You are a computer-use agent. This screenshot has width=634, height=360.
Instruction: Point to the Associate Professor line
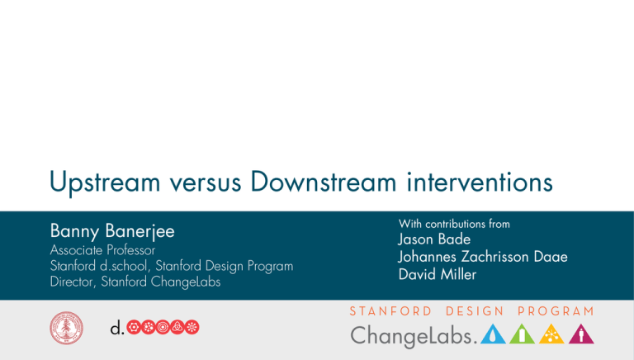[x=102, y=249]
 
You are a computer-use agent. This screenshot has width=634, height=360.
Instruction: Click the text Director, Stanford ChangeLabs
[x=131, y=280]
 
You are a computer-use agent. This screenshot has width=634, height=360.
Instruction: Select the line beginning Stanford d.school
[x=172, y=265]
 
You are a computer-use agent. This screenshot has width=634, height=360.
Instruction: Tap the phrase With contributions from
[x=454, y=224]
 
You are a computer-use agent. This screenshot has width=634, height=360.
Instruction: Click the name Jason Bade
[x=434, y=239]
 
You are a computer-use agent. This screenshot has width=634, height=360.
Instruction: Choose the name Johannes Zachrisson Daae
[x=483, y=257]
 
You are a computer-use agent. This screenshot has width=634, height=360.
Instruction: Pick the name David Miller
[x=437, y=274]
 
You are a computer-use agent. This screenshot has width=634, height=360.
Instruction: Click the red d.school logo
[x=154, y=328]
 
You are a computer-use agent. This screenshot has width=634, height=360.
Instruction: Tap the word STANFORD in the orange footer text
[x=390, y=311]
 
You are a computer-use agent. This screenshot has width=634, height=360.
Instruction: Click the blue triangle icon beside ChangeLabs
[x=492, y=334]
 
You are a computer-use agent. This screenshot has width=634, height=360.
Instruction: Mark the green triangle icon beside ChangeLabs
[x=523, y=334]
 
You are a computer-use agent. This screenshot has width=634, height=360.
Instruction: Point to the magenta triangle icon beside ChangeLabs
[x=583, y=334]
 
